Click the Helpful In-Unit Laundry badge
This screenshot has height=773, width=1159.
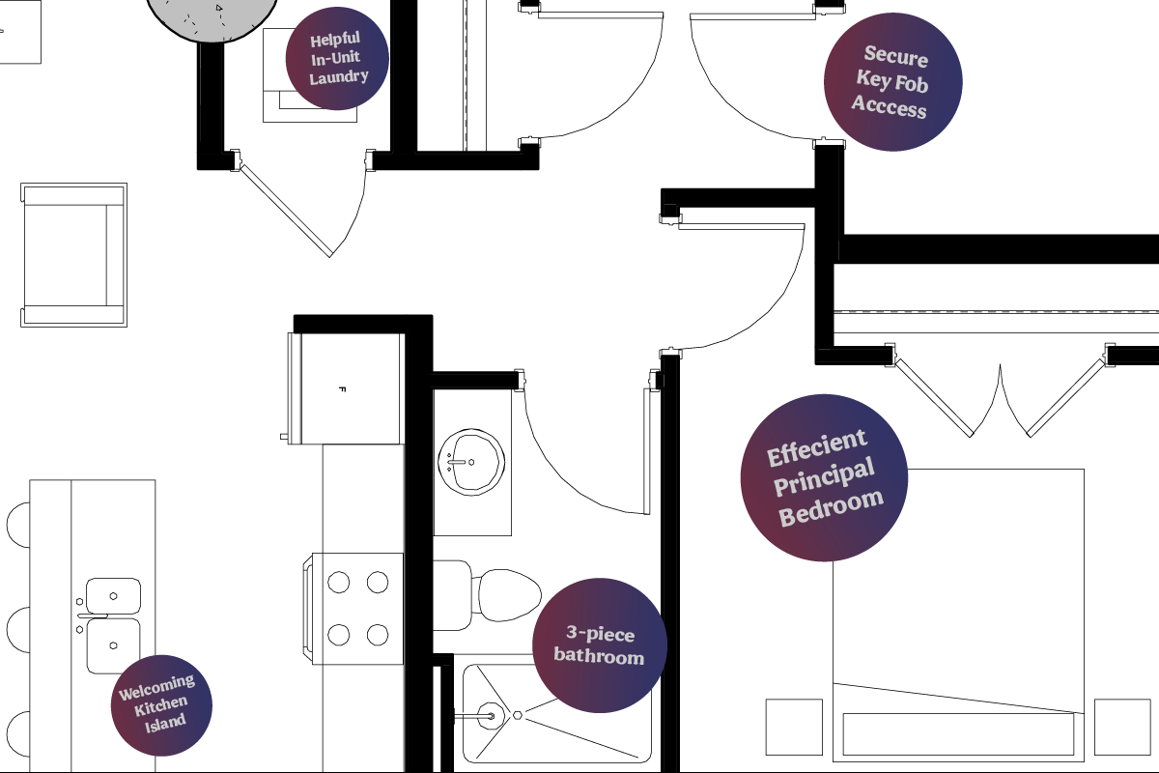click(337, 59)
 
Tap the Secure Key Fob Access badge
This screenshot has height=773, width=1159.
click(893, 82)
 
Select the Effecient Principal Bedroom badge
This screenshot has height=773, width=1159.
click(824, 477)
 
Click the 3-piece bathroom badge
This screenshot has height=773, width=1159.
click(600, 645)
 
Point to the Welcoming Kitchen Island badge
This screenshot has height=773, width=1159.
click(161, 705)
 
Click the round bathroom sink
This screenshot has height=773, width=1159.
click(471, 462)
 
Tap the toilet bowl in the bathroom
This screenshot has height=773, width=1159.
click(508, 595)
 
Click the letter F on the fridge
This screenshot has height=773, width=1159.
click(342, 389)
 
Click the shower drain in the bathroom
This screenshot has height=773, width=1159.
click(518, 716)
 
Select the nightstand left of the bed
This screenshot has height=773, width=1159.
click(794, 727)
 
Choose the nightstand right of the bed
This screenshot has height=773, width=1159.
click(1122, 727)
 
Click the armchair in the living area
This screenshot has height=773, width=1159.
click(73, 255)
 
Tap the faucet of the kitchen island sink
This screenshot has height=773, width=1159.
click(92, 616)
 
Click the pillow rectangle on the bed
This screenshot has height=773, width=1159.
click(958, 733)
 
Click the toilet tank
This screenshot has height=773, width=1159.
click(452, 595)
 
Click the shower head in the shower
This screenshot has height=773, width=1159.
click(491, 716)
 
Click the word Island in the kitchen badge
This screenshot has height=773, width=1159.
click(165, 723)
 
